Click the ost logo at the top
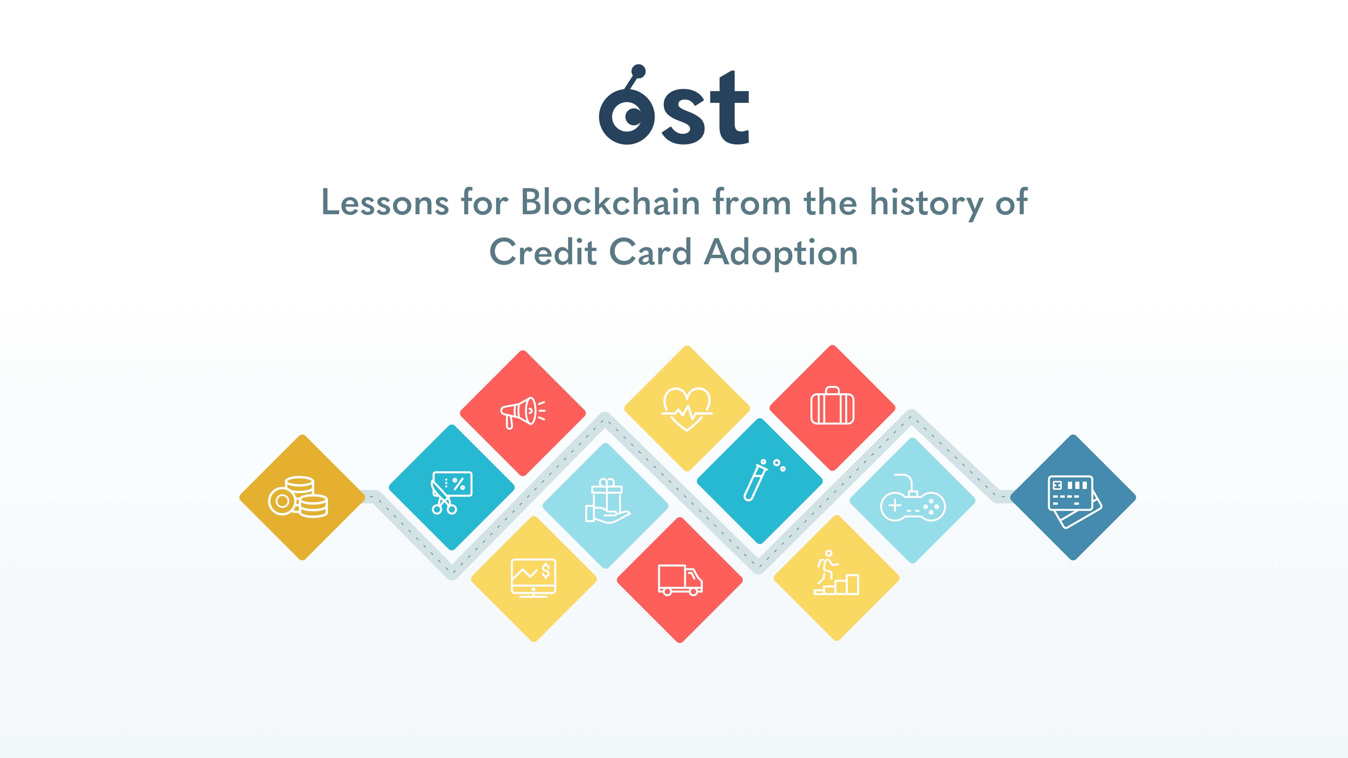tap(674, 107)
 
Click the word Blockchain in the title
tap(610, 202)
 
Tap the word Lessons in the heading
tap(385, 202)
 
